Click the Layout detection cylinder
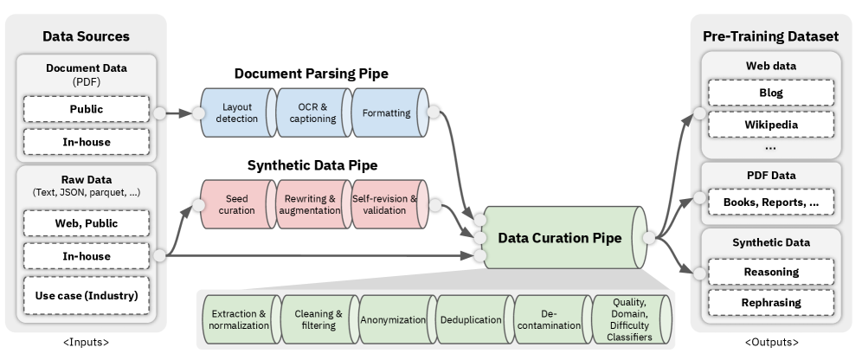[236, 112]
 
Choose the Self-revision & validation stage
[386, 204]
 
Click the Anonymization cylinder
[394, 319]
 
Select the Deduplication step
[470, 319]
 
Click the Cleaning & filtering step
[316, 319]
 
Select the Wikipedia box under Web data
[770, 125]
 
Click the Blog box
[770, 93]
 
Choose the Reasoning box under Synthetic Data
[770, 272]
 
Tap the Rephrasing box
[770, 303]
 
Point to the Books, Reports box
[770, 202]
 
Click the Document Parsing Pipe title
[311, 74]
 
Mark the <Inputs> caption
[85, 343]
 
